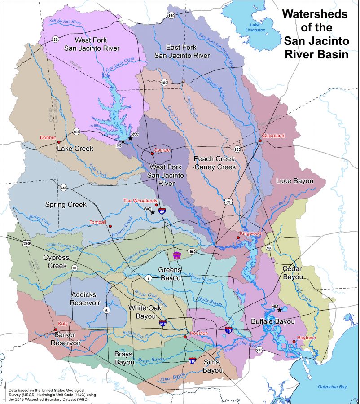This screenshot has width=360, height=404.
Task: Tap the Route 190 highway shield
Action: pyautogui.click(x=171, y=15)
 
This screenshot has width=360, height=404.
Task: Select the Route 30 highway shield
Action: pyautogui.click(x=55, y=39)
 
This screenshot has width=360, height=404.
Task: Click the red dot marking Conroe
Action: pyautogui.click(x=153, y=154)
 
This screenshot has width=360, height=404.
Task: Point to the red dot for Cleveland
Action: pyautogui.click(x=260, y=141)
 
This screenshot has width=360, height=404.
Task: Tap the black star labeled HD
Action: pyautogui.click(x=280, y=310)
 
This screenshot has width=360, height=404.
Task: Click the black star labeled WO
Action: pyautogui.click(x=153, y=212)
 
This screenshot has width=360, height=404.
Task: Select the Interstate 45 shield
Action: pyautogui.click(x=162, y=211)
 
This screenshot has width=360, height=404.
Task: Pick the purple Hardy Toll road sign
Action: pyautogui.click(x=176, y=255)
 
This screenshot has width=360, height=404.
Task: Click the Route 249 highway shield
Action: pyautogui.click(x=64, y=188)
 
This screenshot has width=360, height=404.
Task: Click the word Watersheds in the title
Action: pyautogui.click(x=315, y=14)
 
